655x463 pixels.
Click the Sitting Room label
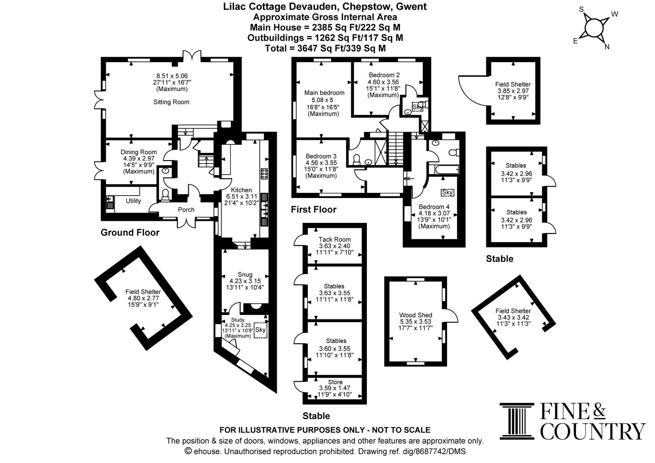(171, 102)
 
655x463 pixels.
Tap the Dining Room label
(139, 152)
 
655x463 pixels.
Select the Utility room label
(133, 201)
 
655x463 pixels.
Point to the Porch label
(186, 210)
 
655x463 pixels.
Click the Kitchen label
(241, 190)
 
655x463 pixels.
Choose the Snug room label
(245, 274)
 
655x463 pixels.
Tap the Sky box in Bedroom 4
(447, 193)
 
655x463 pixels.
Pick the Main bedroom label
(324, 93)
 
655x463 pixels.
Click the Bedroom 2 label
(384, 75)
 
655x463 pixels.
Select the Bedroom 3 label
(321, 156)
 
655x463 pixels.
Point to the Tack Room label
(335, 239)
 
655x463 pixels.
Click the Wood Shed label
(416, 315)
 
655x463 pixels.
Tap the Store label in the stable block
(335, 382)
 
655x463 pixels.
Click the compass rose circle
(594, 28)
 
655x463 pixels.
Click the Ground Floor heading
(130, 232)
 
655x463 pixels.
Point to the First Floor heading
(314, 210)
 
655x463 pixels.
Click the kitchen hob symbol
(264, 174)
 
